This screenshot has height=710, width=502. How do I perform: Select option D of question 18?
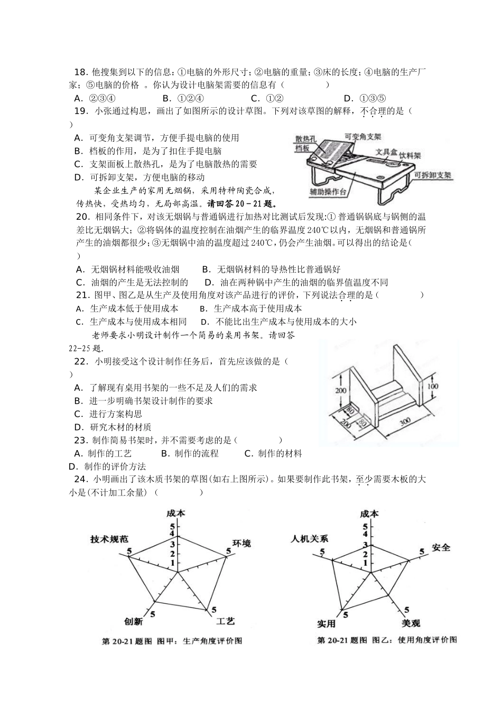[365, 98]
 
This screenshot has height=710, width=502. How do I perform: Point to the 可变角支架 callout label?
[362, 136]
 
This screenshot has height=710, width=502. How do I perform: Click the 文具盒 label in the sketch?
[386, 152]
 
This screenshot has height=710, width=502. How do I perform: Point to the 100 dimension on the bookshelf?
[432, 386]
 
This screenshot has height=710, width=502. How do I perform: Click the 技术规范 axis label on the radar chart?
[109, 539]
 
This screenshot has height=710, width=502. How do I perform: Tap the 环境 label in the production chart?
[241, 543]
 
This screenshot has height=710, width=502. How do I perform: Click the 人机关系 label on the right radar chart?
[309, 539]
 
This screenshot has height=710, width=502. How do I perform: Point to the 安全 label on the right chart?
[441, 547]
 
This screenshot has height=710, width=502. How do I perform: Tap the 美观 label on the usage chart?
[411, 623]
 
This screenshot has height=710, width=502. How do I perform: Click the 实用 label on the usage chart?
[326, 624]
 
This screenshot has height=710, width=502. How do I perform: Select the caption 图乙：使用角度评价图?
[414, 640]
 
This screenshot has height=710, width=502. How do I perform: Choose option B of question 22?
[143, 401]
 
